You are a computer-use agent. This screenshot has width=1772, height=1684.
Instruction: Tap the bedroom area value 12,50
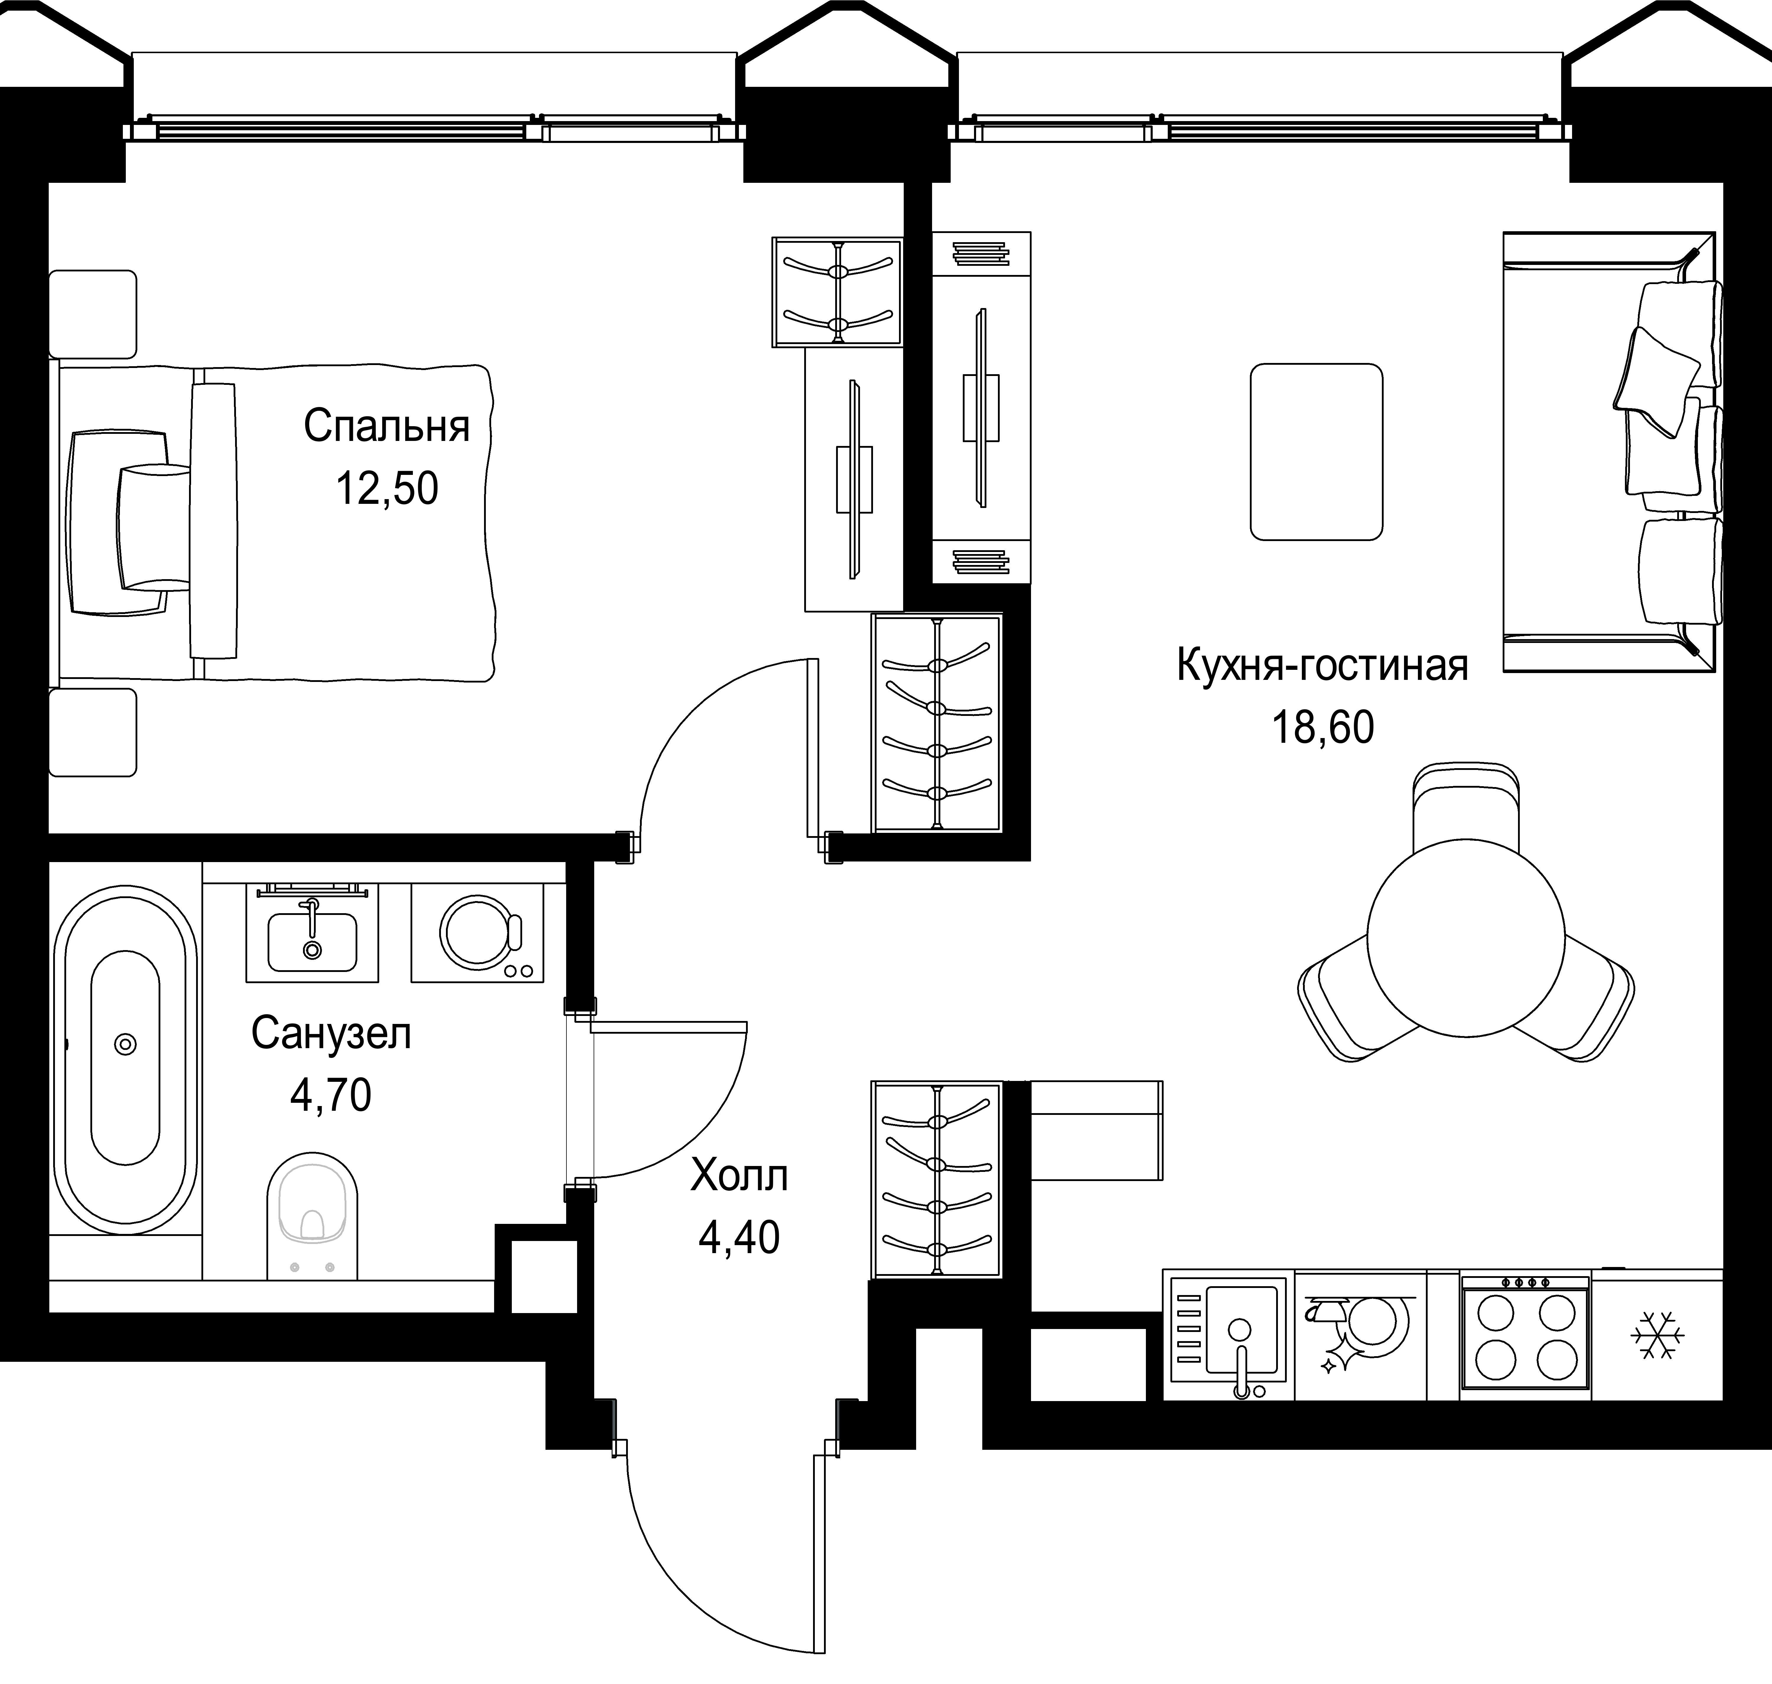point(387,489)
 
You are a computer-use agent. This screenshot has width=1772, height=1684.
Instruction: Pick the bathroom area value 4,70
point(330,1095)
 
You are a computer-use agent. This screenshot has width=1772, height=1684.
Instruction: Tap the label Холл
point(739,1176)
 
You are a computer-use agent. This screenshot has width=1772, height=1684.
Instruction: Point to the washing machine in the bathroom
point(478,934)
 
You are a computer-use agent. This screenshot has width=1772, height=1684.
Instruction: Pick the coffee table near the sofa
point(1316,452)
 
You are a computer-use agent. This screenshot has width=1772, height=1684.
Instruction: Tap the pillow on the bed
point(154,527)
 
